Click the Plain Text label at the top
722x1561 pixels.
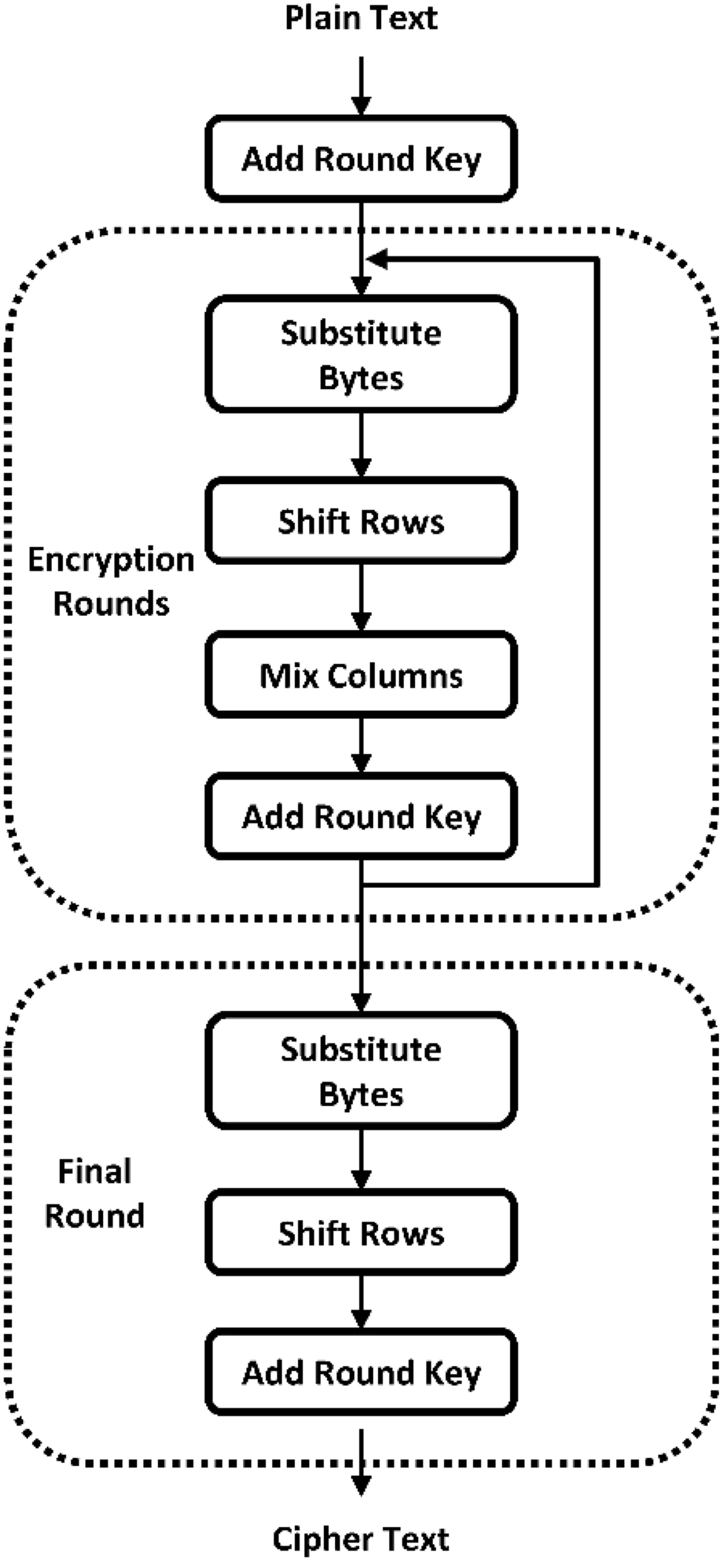pos(361,18)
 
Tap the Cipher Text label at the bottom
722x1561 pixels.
pos(361,1539)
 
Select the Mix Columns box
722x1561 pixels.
pos(361,675)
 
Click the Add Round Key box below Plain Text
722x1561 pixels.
pos(361,159)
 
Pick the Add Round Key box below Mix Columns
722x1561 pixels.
pos(361,816)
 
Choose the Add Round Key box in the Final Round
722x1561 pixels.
pos(361,1373)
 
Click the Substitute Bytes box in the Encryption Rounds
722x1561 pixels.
pos(361,354)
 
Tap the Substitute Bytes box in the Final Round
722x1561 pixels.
pos(361,1071)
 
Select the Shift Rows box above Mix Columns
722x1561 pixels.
pos(361,521)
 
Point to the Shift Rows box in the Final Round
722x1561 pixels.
pos(361,1233)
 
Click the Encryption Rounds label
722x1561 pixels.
pos(111,581)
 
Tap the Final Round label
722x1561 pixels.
pos(94,1193)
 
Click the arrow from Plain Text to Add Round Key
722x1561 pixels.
pos(361,86)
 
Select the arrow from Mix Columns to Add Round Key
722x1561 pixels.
pos(361,744)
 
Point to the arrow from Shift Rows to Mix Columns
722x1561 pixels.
pos(361,597)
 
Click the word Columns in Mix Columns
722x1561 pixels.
pos(394,675)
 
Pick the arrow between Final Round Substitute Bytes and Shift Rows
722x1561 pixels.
pos(361,1159)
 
